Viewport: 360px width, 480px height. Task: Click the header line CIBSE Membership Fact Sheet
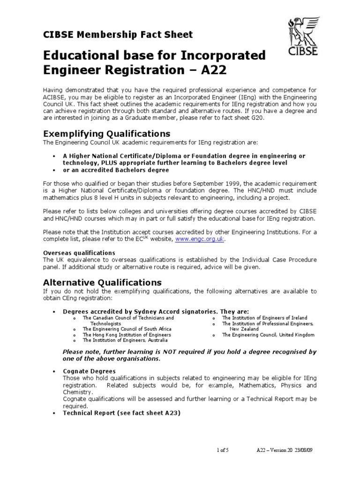click(x=118, y=34)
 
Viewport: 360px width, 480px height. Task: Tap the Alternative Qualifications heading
click(x=102, y=282)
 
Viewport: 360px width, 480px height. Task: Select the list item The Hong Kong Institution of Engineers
click(x=127, y=335)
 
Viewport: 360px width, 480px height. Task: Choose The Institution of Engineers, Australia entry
click(x=122, y=341)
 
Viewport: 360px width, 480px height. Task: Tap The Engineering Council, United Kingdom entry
click(x=268, y=335)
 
